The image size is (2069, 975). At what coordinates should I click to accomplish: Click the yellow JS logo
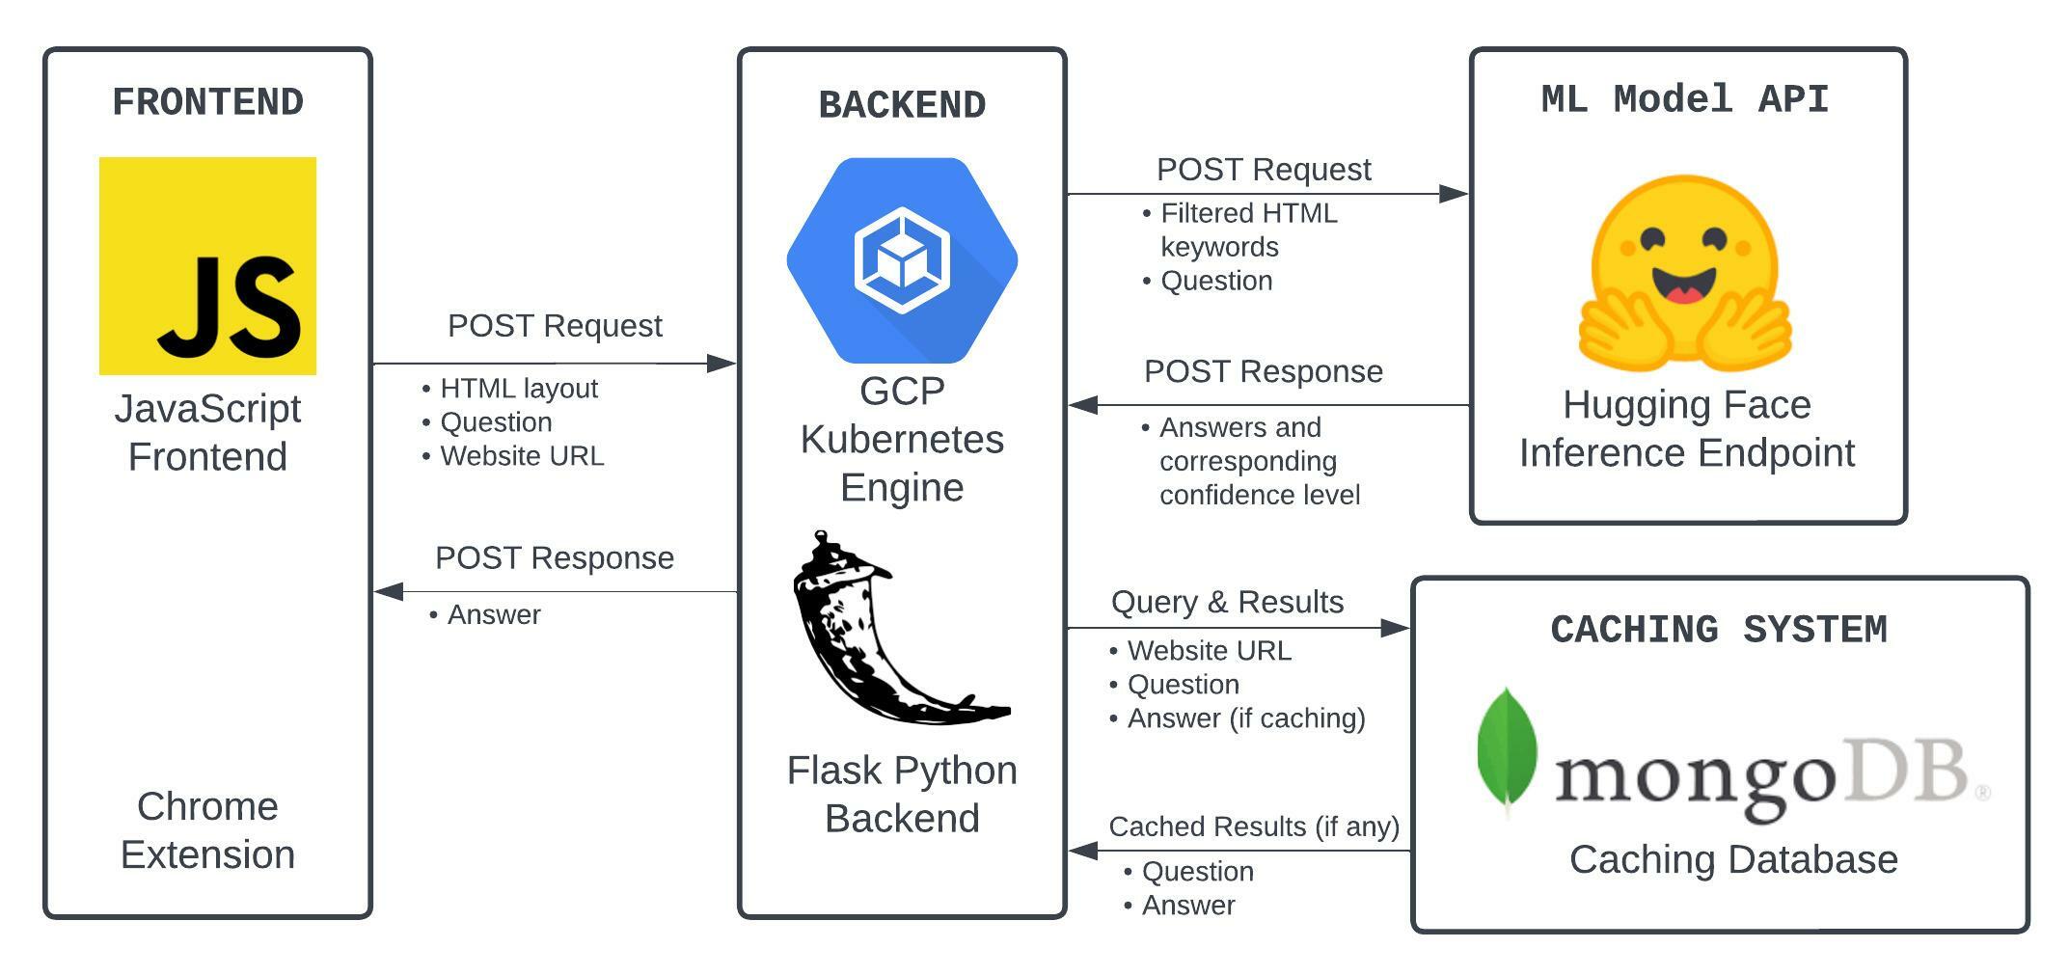[x=207, y=265]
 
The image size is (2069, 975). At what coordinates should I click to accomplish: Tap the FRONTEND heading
[x=207, y=102]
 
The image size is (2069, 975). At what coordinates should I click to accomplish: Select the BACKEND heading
[x=902, y=105]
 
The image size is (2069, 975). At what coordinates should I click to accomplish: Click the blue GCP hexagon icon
[x=902, y=260]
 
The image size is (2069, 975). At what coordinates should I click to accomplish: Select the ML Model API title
[x=1685, y=99]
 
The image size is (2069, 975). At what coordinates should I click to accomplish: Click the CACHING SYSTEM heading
[x=1718, y=630]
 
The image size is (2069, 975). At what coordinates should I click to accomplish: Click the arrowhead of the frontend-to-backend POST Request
[x=721, y=364]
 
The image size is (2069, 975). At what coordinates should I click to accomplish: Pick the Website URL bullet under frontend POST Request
[x=521, y=456]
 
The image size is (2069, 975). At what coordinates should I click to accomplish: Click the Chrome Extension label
[x=207, y=830]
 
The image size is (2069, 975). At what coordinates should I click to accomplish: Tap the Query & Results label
[x=1227, y=602]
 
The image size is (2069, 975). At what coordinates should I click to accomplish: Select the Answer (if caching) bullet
[x=1245, y=718]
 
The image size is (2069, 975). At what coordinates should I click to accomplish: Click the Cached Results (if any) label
[x=1253, y=826]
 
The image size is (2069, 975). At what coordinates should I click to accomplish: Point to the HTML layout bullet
[x=518, y=389]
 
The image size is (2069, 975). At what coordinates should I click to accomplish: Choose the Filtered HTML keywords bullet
[x=1248, y=230]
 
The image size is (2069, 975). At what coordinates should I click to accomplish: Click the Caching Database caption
[x=1732, y=859]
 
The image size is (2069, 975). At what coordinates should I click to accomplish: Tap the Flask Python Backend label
[x=902, y=794]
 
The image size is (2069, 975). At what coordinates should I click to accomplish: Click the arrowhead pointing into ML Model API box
[x=1453, y=194]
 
